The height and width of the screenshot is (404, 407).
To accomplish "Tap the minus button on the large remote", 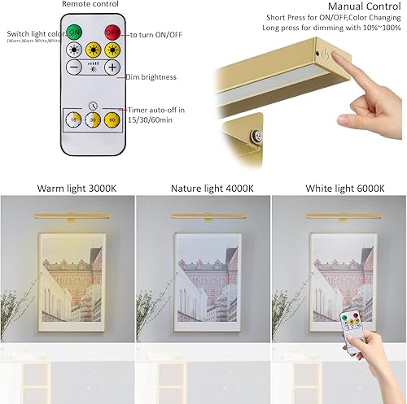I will pyautogui.click(x=74, y=68).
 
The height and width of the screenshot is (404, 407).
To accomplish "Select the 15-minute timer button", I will pyautogui.click(x=74, y=120).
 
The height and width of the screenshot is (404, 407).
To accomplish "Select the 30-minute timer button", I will pyautogui.click(x=93, y=120).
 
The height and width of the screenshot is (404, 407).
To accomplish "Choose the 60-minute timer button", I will pyautogui.click(x=112, y=120).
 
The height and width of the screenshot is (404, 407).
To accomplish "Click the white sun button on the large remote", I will pyautogui.click(x=75, y=50).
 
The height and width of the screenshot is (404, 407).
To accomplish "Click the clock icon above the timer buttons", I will pyautogui.click(x=93, y=105).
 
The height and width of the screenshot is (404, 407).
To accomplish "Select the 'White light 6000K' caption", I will pyautogui.click(x=344, y=189).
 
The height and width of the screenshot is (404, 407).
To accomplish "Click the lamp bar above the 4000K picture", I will pyautogui.click(x=203, y=215).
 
